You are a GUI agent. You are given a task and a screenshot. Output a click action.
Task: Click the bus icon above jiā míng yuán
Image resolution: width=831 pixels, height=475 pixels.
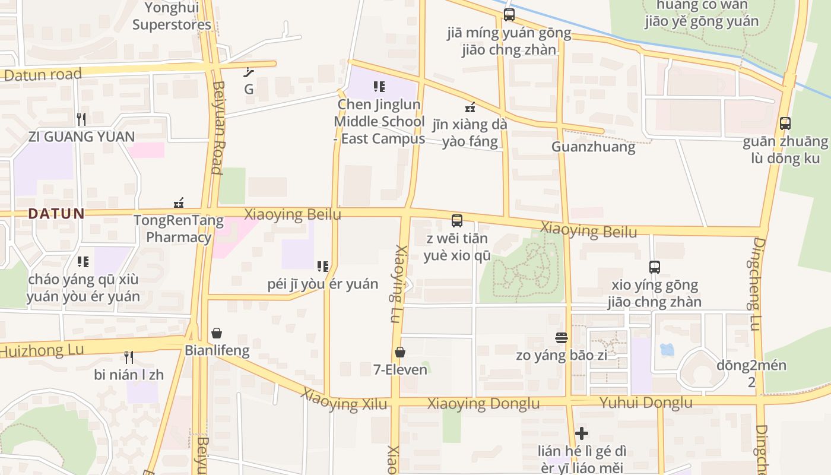509,15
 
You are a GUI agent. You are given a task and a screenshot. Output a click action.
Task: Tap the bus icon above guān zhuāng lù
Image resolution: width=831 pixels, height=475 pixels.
785,123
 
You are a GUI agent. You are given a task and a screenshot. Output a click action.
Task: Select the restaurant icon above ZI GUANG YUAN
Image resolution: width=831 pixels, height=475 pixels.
81,119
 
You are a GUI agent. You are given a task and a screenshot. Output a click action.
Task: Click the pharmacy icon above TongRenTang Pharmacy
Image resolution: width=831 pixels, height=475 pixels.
179,203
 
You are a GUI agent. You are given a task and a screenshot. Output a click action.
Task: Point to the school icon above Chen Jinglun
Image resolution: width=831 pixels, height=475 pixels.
379,87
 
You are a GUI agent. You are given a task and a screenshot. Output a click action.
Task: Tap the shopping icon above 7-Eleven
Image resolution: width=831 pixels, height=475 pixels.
400,352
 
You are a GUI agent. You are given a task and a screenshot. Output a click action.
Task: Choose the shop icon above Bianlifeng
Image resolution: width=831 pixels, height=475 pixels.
217,333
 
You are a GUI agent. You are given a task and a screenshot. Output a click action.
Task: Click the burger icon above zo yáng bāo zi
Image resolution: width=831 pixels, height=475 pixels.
562,338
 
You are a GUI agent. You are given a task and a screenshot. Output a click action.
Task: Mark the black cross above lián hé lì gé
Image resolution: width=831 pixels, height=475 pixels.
582,433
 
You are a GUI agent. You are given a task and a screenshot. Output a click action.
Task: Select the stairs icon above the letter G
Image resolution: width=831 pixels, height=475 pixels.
249,72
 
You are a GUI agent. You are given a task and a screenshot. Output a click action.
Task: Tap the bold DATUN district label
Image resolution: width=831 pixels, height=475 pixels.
56,214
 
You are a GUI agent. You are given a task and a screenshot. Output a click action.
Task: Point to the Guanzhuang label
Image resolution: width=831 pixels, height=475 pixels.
593,147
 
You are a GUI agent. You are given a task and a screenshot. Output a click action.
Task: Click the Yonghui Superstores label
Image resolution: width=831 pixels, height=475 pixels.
172,17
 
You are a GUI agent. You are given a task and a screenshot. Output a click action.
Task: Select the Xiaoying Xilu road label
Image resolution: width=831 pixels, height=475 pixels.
344,400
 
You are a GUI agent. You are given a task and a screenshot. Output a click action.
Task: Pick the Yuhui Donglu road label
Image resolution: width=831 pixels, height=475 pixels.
646,403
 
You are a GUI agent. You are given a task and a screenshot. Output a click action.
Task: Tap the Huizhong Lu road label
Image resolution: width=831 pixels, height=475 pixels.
42,350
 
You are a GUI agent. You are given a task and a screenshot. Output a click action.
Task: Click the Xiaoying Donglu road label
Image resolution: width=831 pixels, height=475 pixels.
484,404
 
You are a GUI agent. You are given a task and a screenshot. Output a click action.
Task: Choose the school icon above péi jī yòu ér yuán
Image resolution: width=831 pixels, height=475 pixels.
323,267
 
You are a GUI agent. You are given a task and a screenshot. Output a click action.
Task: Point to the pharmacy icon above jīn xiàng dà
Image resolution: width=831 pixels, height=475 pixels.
470,107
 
